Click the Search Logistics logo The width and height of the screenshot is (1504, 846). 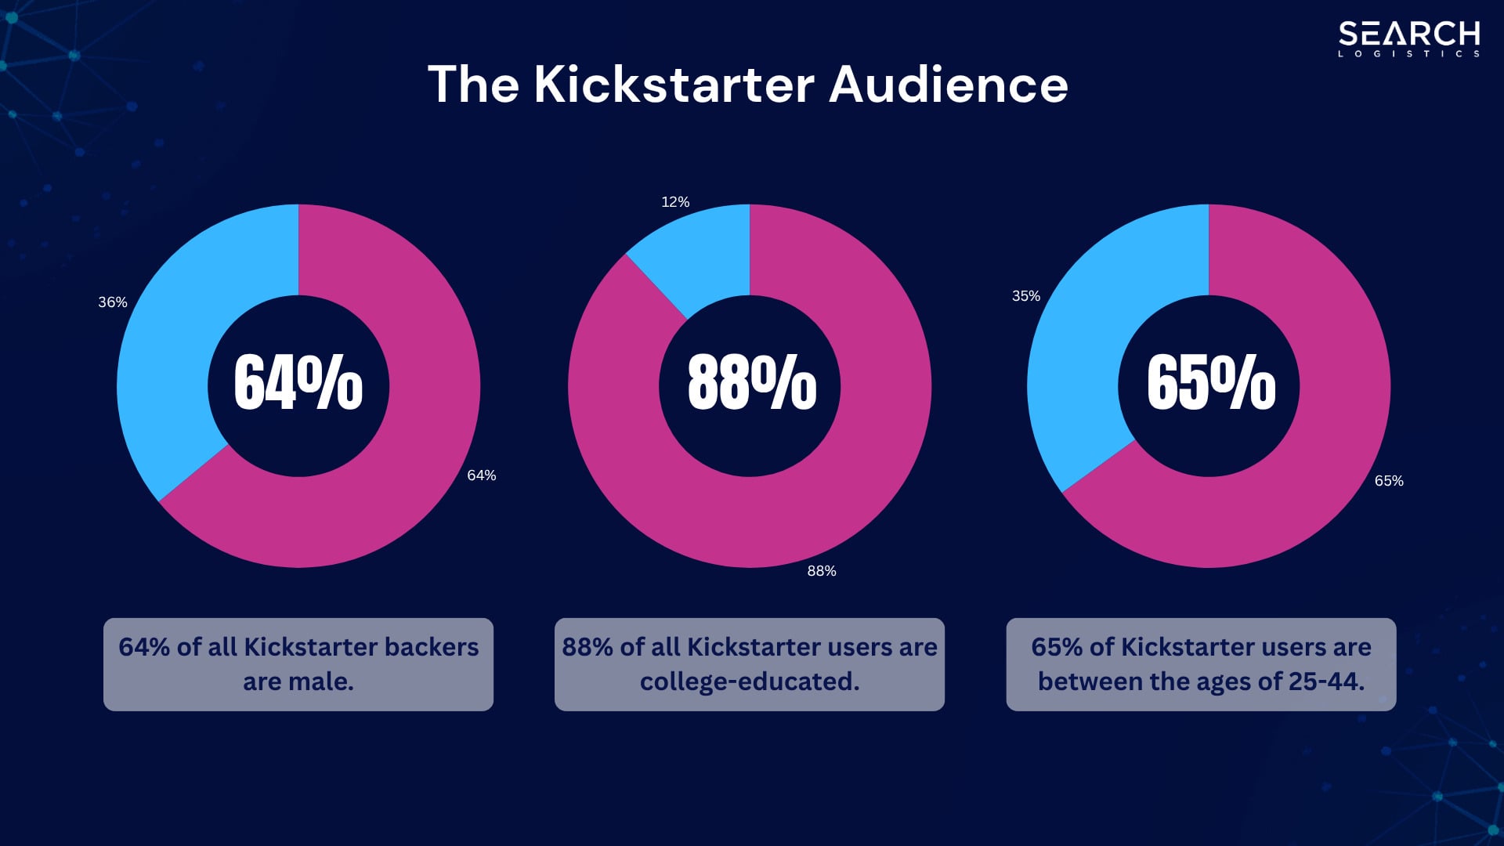click(x=1408, y=38)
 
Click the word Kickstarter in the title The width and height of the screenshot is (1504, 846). click(x=674, y=84)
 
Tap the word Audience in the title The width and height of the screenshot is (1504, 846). click(x=949, y=84)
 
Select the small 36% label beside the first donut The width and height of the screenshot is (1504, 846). click(x=113, y=302)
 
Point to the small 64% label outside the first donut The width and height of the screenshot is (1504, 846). click(x=481, y=475)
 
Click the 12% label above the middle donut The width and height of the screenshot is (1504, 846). click(x=675, y=202)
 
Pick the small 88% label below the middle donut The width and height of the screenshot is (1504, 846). click(x=822, y=571)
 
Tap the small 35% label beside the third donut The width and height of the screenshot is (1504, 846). click(x=1025, y=296)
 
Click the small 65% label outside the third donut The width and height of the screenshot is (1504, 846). click(x=1389, y=481)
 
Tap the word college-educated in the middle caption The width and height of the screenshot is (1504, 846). click(x=750, y=681)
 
